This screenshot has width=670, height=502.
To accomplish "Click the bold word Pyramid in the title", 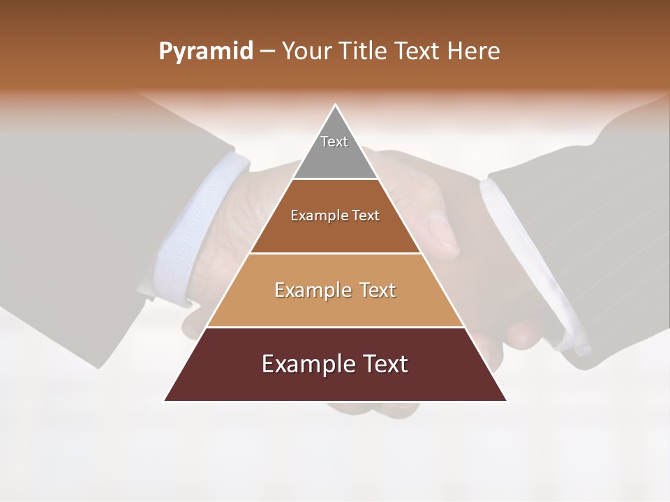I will [205, 52].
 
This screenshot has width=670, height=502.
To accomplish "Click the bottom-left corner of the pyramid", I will [165, 400].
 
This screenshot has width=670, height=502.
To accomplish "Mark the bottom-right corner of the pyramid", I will [506, 400].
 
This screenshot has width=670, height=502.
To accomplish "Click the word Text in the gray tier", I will [334, 142].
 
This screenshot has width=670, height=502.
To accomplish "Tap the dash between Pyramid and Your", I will [267, 52].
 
